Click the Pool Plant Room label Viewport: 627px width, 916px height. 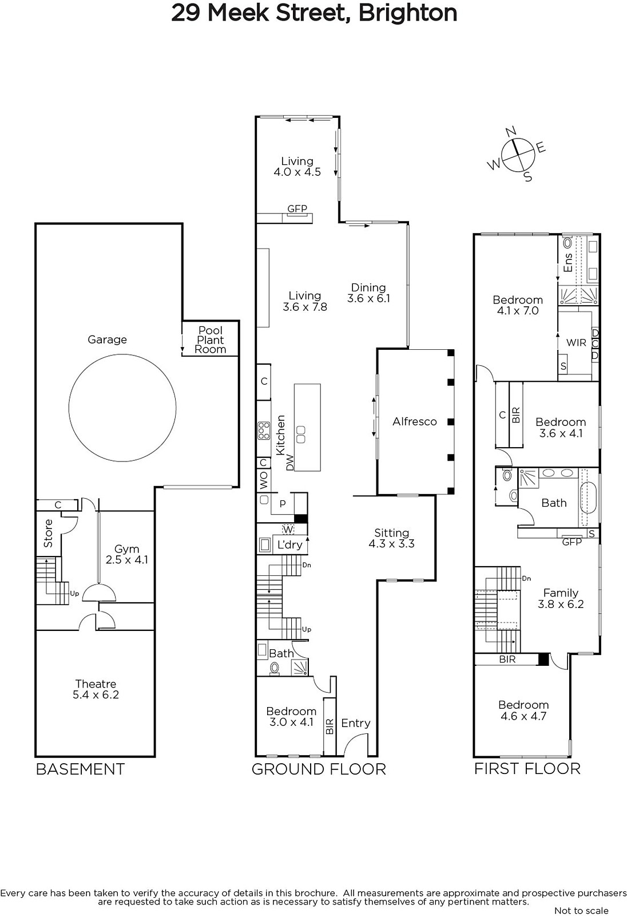click(x=211, y=339)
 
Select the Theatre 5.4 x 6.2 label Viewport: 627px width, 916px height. click(x=96, y=689)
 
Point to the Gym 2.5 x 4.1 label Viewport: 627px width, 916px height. click(x=126, y=554)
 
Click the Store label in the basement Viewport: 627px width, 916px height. click(x=48, y=533)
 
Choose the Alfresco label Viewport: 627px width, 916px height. click(x=414, y=421)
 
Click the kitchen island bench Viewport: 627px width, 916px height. click(x=307, y=427)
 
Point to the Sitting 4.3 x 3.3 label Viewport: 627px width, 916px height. click(x=391, y=538)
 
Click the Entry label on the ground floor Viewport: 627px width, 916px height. click(x=356, y=723)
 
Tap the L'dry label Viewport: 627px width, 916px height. click(x=290, y=544)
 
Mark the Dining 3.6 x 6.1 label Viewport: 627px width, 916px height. click(x=368, y=293)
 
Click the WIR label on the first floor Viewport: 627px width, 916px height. click(x=576, y=343)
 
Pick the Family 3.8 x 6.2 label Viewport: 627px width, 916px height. click(x=561, y=598)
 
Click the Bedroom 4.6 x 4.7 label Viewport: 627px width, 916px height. click(x=523, y=710)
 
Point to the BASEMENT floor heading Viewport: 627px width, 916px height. click(x=80, y=769)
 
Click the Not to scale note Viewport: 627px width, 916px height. click(x=582, y=910)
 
